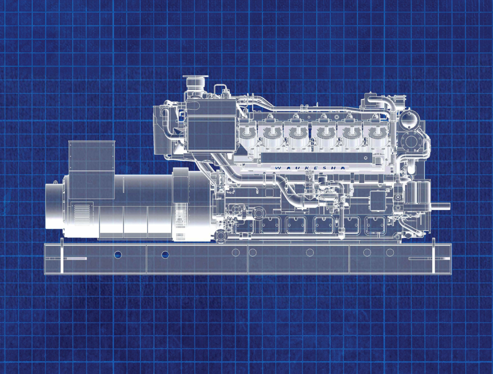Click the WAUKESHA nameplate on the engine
[x=310, y=168]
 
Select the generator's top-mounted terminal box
[x=91, y=169]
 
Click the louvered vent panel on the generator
[x=82, y=214]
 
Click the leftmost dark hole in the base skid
[x=118, y=254]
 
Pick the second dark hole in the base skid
[x=165, y=254]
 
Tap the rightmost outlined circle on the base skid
[x=390, y=252]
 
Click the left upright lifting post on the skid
[x=62, y=255]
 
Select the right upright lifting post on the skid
[x=433, y=255]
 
